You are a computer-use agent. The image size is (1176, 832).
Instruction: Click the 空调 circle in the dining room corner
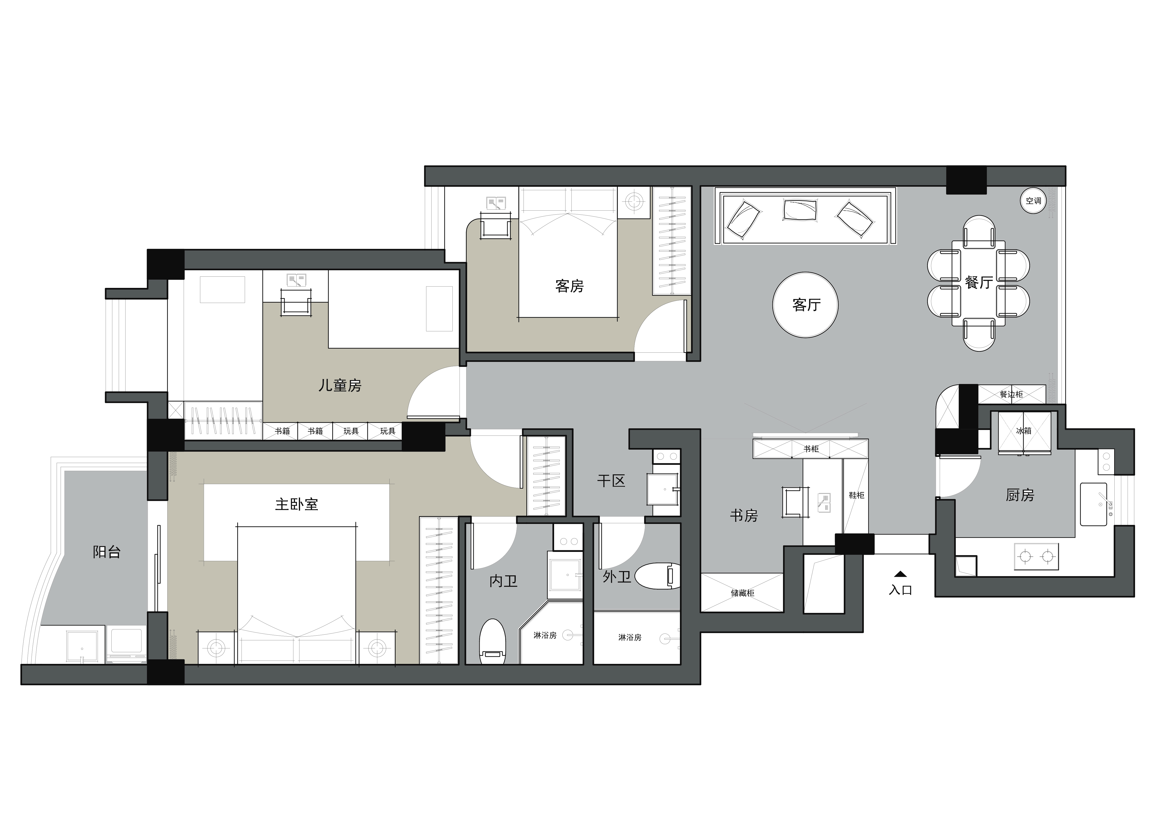pos(1033,201)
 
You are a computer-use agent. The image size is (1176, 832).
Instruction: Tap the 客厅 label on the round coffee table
pos(806,305)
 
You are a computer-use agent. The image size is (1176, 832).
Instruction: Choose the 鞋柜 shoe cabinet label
pos(856,495)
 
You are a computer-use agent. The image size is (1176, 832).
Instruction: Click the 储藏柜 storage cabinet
pos(742,593)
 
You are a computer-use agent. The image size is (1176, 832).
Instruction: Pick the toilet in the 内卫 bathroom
pos(492,642)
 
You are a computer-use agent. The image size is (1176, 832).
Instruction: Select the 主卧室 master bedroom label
pos(296,504)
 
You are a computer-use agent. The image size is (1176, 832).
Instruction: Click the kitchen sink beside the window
pos(1094,504)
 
